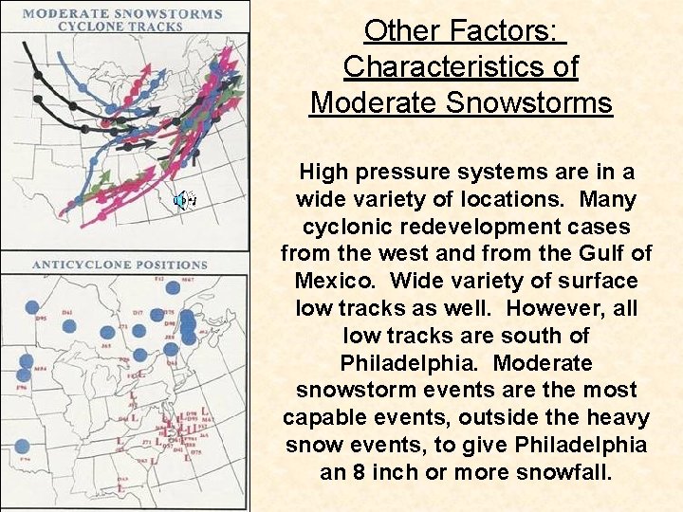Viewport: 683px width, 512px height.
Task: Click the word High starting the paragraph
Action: [323, 173]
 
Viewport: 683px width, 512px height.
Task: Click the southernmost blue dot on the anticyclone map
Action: [22, 447]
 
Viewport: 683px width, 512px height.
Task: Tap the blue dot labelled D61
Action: [69, 326]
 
